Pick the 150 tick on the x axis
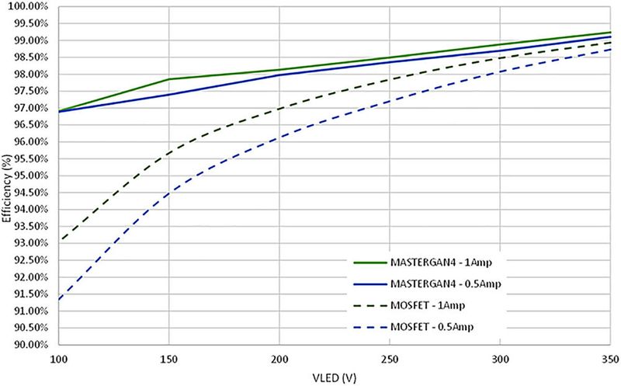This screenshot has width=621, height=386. point(168,360)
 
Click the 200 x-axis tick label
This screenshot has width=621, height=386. point(279,360)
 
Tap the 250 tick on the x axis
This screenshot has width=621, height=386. point(390,360)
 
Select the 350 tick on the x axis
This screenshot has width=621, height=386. point(608,360)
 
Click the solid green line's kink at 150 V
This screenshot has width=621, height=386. point(168,79)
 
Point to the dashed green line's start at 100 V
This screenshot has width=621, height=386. point(58,240)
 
